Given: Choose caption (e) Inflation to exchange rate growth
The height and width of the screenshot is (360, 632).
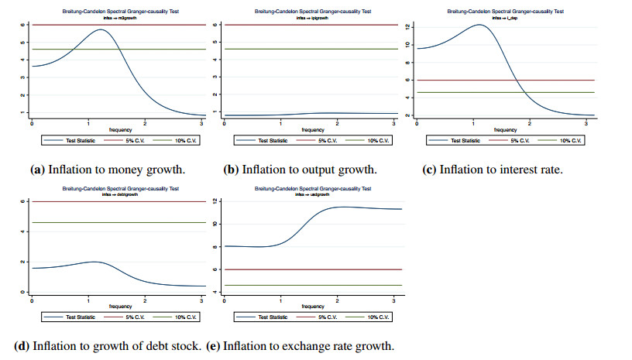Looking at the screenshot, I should (x=300, y=345).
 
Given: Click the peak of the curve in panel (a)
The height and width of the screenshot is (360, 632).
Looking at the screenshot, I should (x=101, y=30).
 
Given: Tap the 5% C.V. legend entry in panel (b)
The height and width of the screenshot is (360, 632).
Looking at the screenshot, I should (x=322, y=142).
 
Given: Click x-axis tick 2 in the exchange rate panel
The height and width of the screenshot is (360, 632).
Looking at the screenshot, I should (x=337, y=300).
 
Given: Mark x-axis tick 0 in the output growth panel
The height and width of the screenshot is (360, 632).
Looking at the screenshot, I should (x=225, y=124).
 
